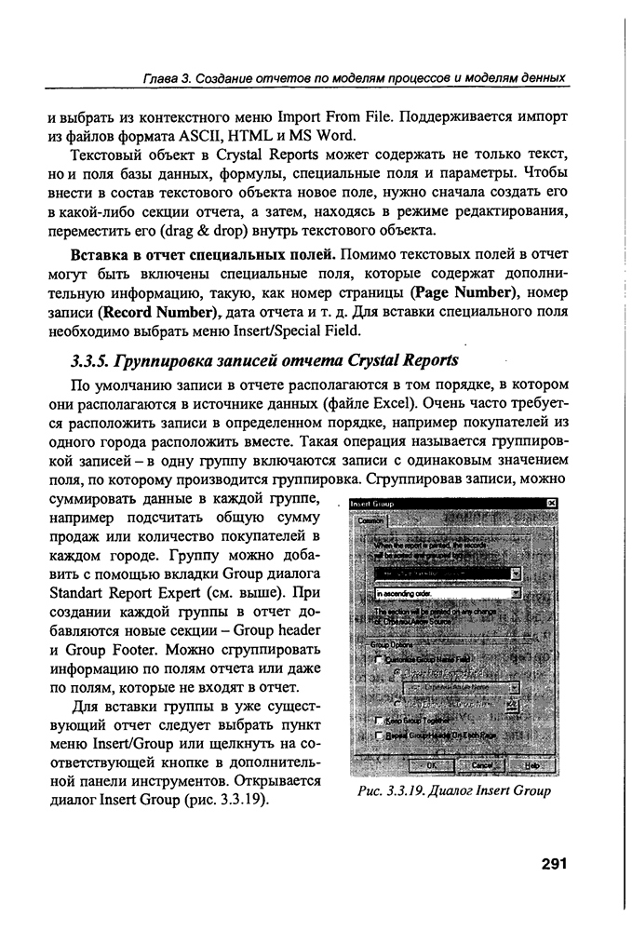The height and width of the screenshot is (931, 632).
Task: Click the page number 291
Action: pos(554,863)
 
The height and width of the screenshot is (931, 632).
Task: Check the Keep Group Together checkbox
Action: pos(379,720)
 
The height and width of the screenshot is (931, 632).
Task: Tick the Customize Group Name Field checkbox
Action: pos(379,659)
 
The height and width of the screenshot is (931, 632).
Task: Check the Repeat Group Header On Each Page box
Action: pos(379,735)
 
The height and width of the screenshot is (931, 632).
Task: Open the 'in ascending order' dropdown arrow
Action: pos(515,592)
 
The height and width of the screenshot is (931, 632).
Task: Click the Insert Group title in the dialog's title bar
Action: pos(372,504)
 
